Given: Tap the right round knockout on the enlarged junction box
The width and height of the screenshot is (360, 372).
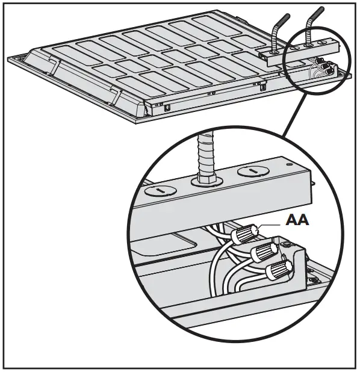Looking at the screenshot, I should tap(251, 172).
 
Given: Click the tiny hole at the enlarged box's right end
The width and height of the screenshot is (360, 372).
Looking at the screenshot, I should tap(288, 162).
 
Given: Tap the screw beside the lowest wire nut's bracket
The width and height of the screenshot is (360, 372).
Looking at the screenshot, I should tap(313, 281).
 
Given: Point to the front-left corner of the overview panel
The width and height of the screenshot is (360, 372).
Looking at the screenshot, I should tap(149, 117).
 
